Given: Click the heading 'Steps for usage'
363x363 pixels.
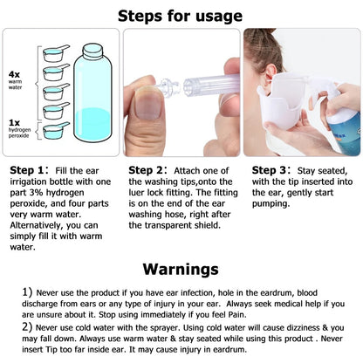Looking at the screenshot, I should click(181, 15).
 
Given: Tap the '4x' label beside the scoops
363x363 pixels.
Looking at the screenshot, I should click(15, 74).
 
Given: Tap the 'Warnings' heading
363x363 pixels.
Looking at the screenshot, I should click(181, 268).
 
